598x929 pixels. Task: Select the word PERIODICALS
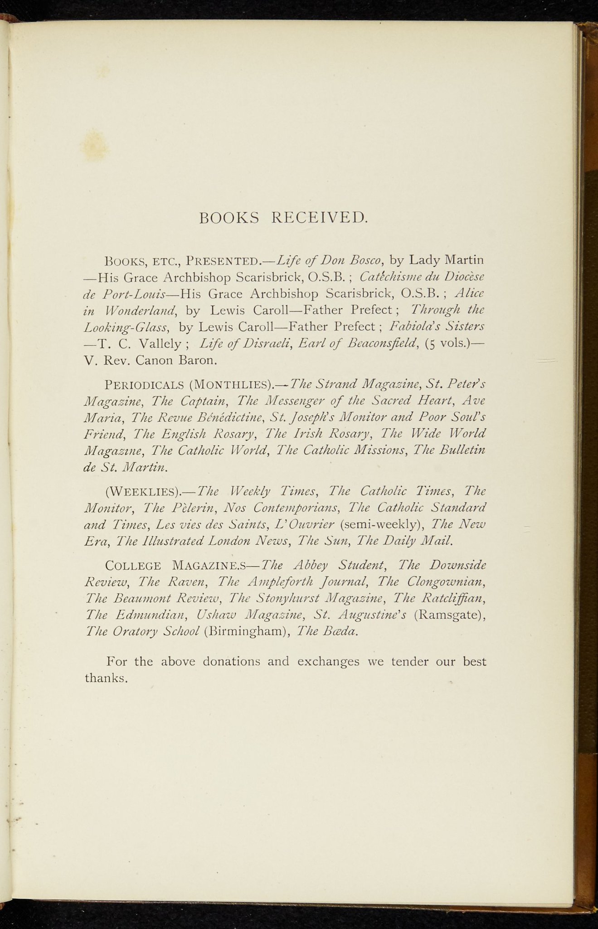click(x=144, y=385)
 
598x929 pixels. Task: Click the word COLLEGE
click(x=133, y=566)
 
